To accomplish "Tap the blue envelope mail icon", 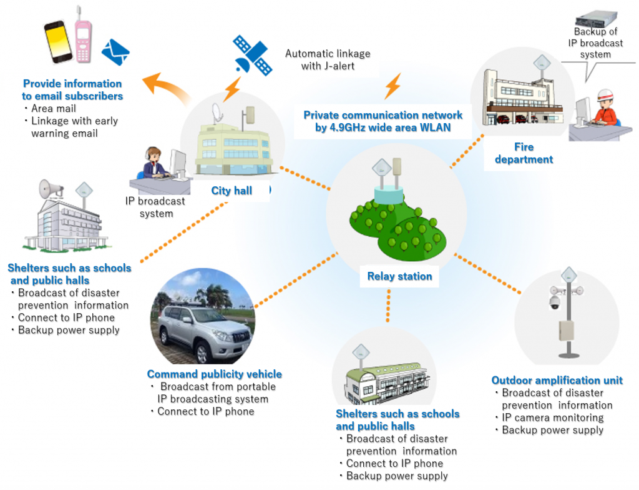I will (115, 52).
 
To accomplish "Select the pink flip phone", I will (82, 39).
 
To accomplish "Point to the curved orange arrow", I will (165, 87).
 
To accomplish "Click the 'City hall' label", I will (232, 191).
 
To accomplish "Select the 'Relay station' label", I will (399, 276).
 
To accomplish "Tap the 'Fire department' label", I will (524, 153).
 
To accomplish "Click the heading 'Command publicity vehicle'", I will (214, 374).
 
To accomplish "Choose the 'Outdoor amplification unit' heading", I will (557, 380).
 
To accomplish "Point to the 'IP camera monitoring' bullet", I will (553, 417).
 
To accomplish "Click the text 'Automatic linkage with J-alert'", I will (328, 59).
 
